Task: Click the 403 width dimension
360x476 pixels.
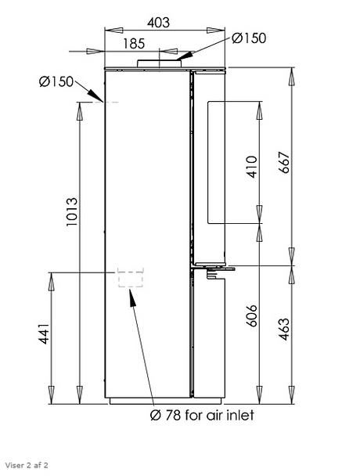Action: click(x=158, y=23)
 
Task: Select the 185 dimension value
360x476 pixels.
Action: click(x=134, y=44)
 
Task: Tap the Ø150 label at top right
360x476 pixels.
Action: click(x=249, y=38)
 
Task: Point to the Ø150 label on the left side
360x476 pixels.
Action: click(x=56, y=81)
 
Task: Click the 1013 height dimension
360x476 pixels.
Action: click(x=72, y=212)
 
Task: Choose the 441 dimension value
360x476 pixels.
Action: click(x=44, y=334)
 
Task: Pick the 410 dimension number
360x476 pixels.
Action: click(x=252, y=167)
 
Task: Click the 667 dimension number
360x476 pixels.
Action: click(x=284, y=162)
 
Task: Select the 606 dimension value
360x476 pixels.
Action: click(x=251, y=316)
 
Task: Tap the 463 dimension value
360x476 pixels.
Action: click(x=284, y=329)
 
